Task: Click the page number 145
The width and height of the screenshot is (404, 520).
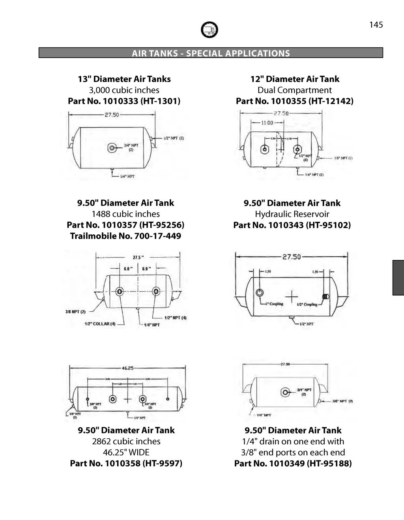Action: [376, 25]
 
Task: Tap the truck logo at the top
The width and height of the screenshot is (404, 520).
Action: [209, 30]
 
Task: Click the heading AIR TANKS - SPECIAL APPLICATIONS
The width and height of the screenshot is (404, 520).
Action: [211, 53]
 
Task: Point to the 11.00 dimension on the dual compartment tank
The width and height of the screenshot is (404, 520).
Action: [267, 123]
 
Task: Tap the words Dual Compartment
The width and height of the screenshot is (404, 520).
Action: [294, 90]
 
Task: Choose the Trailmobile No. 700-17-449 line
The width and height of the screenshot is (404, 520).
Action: [125, 236]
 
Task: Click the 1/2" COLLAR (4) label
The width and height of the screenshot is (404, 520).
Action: [100, 324]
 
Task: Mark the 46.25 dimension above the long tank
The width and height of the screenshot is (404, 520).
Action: [127, 368]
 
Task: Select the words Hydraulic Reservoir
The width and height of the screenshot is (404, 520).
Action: [292, 214]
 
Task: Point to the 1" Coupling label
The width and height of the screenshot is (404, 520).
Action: [274, 304]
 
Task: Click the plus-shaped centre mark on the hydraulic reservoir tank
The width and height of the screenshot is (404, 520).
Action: [292, 296]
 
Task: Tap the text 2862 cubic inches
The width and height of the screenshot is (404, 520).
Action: [126, 441]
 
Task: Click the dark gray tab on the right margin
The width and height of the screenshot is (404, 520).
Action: [398, 277]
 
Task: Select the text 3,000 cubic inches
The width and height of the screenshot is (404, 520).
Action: [124, 90]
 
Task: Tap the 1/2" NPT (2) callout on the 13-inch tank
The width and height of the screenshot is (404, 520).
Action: [174, 138]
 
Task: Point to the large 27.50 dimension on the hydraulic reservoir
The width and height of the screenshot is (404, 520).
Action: [292, 257]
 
